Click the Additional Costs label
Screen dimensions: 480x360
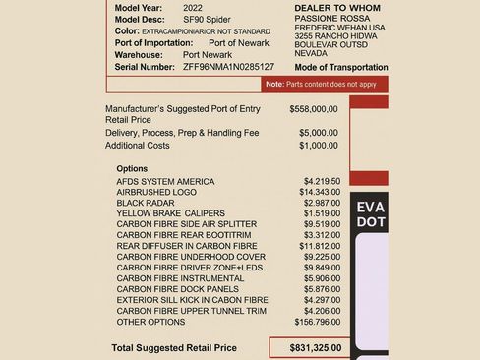coord(144,145)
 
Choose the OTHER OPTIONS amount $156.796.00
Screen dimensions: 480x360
coord(316,321)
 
